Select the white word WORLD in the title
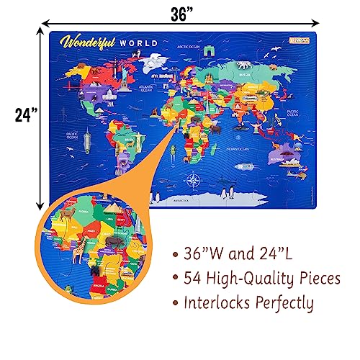point(140,41)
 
